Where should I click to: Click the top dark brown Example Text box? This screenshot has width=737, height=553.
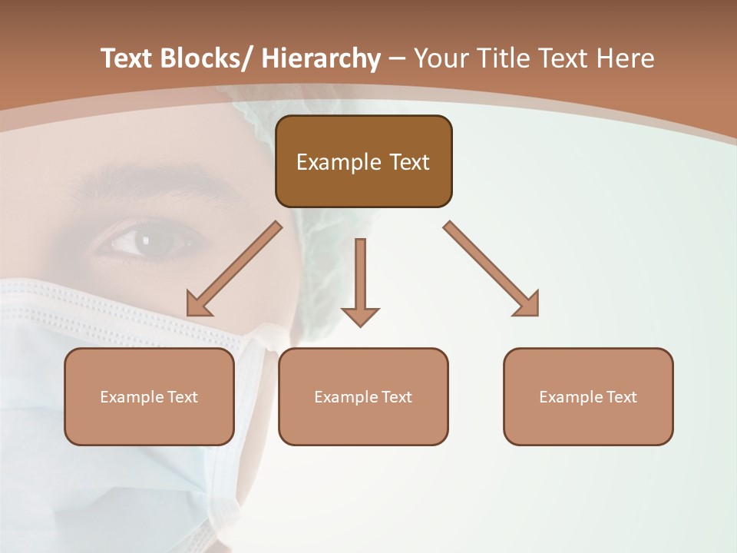click(363, 161)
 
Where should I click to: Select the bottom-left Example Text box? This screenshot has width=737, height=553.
click(149, 396)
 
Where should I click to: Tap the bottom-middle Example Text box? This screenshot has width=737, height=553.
click(363, 396)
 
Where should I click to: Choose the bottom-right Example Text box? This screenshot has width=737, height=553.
click(588, 396)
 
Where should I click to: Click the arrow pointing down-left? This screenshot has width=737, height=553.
click(233, 270)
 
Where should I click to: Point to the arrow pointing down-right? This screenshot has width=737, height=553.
click(491, 269)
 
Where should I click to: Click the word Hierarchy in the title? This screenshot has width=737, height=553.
click(321, 58)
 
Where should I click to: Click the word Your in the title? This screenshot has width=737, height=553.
click(441, 58)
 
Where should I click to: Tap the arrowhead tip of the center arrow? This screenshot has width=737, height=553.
click(360, 326)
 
